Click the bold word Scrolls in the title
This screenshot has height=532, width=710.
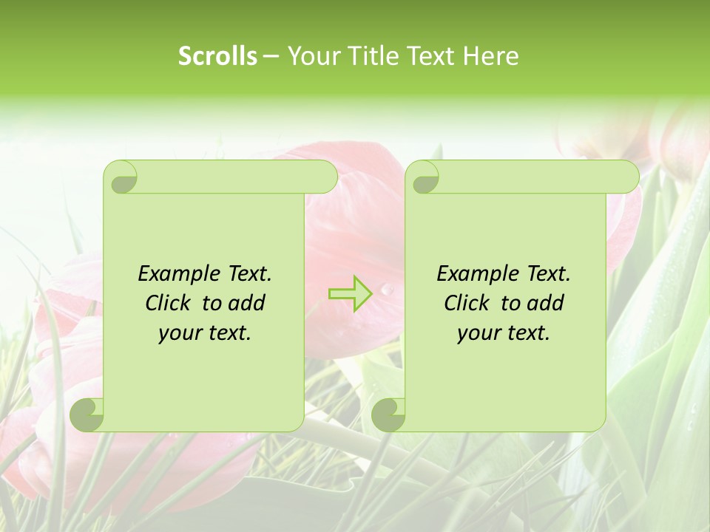[x=217, y=56]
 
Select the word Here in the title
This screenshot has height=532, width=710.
[x=491, y=56]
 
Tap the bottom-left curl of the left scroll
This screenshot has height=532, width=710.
[x=87, y=415]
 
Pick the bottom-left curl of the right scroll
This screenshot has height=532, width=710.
[x=389, y=415]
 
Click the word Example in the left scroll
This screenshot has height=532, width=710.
[x=177, y=274]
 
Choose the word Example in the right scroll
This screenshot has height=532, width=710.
[x=476, y=274]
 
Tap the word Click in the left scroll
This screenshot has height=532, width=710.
[x=168, y=303]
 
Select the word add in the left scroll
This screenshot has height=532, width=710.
[x=246, y=303]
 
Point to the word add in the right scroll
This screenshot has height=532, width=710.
[x=545, y=303]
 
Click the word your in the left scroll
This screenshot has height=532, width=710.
[x=179, y=333]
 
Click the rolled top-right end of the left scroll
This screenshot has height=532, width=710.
[x=321, y=177]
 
